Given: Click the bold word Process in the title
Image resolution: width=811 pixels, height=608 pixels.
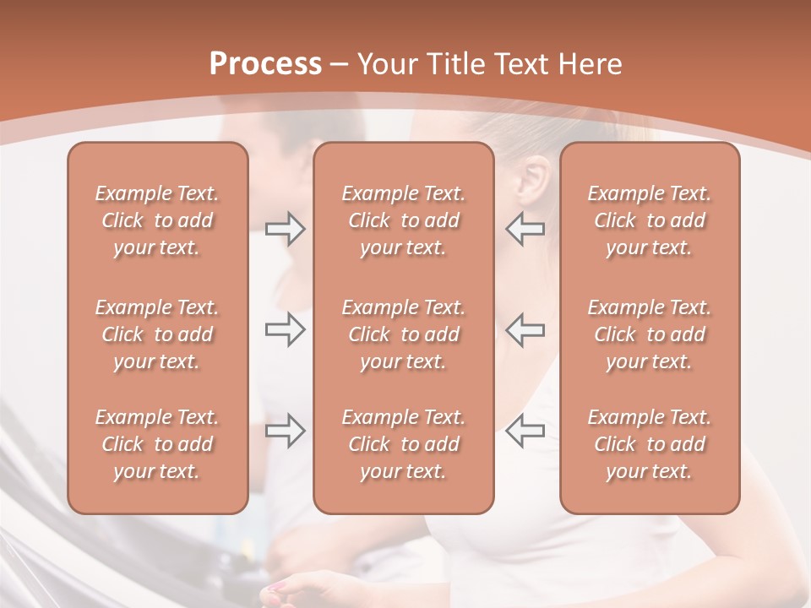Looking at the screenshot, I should tap(265, 64).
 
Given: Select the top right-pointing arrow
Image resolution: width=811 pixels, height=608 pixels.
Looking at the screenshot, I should tap(285, 229).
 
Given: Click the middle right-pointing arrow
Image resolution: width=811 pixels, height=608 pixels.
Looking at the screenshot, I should tap(285, 329).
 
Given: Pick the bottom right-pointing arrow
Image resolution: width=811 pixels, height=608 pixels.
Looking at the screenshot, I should tap(285, 431).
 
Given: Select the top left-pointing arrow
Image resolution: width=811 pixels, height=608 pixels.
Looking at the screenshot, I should tap(525, 229).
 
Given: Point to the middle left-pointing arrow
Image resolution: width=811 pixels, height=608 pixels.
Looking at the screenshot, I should tap(525, 329).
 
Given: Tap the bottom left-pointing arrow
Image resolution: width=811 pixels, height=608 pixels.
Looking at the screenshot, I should tap(525, 431).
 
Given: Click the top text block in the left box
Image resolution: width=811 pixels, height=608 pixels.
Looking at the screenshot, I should tap(157, 220).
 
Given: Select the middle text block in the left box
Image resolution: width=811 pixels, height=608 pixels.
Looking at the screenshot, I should tap(157, 334).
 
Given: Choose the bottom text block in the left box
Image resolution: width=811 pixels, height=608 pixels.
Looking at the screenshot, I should tap(157, 444).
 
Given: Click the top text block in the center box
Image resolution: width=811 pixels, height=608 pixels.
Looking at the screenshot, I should tap(404, 220).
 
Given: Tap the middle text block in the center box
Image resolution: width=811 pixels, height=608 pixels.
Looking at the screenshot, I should tap(404, 334).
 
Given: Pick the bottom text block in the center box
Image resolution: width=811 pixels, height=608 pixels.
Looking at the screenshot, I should tap(404, 444).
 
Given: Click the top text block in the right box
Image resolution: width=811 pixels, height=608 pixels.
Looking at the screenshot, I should tap(650, 220).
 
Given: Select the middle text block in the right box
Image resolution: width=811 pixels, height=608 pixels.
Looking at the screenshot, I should tap(650, 334).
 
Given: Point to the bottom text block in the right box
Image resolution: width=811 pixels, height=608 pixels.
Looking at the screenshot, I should tap(650, 444).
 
